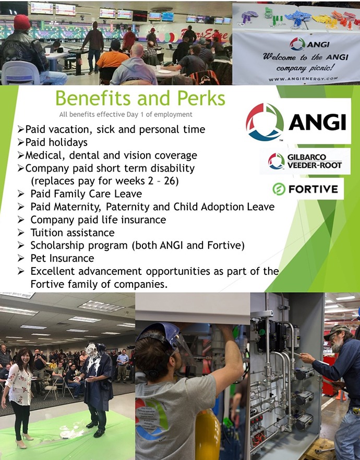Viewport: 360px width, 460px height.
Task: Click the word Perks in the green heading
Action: [x=201, y=98]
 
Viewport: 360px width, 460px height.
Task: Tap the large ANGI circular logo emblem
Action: [x=265, y=122]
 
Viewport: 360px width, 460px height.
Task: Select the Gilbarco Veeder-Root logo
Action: [x=305, y=161]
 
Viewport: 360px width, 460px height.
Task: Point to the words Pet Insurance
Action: [x=62, y=258]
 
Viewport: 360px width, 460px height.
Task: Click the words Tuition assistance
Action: [x=73, y=233]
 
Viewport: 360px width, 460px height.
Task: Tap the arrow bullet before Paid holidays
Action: [x=20, y=142]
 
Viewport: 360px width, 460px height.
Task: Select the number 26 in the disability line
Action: [x=170, y=180]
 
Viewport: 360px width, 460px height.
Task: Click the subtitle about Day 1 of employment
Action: [x=126, y=114]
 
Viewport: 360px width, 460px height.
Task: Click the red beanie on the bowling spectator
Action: [x=22, y=22]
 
